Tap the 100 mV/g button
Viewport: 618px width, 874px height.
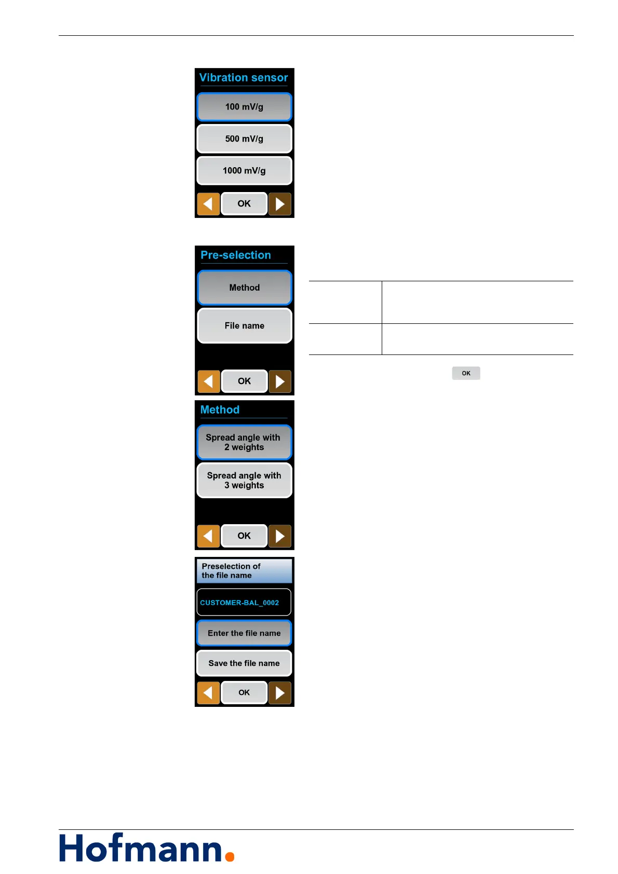click(244, 107)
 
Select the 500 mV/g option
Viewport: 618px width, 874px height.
click(244, 139)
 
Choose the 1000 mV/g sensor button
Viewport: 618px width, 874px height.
click(244, 171)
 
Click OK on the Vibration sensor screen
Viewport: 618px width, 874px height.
click(244, 203)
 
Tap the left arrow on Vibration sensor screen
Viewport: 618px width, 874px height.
click(208, 204)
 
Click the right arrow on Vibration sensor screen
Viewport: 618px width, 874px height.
click(280, 204)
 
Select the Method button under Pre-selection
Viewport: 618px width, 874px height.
click(244, 288)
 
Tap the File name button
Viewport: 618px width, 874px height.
click(244, 326)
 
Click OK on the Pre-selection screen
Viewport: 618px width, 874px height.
click(244, 381)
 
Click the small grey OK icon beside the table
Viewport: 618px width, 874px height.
click(466, 373)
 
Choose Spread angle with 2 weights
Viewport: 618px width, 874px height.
click(244, 442)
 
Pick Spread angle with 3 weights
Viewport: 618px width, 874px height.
click(244, 481)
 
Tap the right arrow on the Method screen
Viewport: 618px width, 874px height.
click(280, 536)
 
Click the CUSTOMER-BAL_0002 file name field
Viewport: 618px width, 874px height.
click(244, 603)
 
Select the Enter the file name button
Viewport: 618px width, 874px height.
click(244, 633)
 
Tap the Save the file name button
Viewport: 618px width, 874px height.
click(244, 663)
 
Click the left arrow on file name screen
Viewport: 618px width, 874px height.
click(208, 692)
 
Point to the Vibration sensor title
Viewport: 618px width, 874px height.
click(244, 78)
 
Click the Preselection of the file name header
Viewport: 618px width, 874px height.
click(244, 571)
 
